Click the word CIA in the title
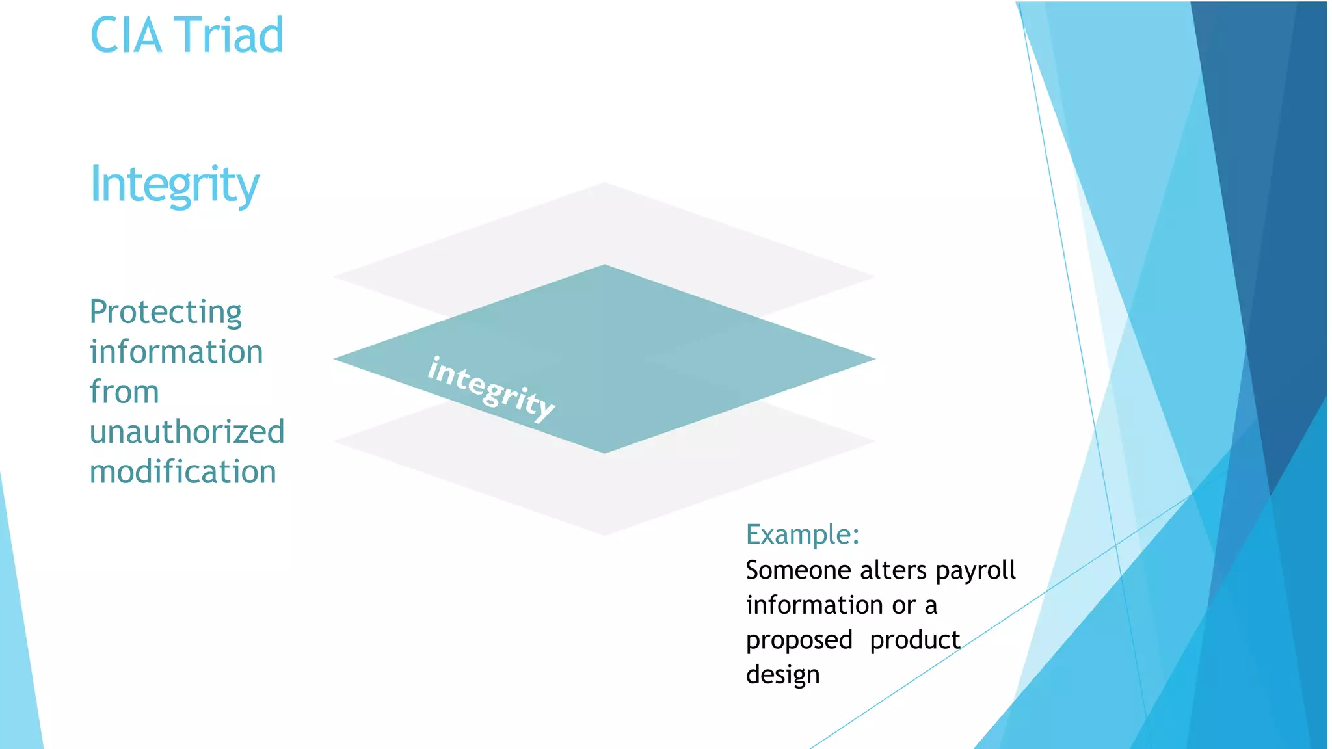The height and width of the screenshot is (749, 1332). pyautogui.click(x=126, y=35)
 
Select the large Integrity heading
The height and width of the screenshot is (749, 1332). pyautogui.click(x=174, y=185)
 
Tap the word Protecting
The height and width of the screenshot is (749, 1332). pyautogui.click(x=166, y=313)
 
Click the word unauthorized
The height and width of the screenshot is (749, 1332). pyautogui.click(x=187, y=432)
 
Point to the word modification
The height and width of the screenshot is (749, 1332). pyautogui.click(x=183, y=472)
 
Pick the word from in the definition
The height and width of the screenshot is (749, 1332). pyautogui.click(x=124, y=392)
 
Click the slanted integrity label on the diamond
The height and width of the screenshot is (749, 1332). pyautogui.click(x=491, y=388)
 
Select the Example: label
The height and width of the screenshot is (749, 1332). pyautogui.click(x=803, y=534)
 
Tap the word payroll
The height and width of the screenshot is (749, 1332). pyautogui.click(x=976, y=571)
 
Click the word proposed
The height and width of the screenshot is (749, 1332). pyautogui.click(x=799, y=641)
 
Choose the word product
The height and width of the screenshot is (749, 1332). pyautogui.click(x=915, y=640)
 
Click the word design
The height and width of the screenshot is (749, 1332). pyautogui.click(x=782, y=676)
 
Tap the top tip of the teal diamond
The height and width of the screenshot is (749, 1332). pyautogui.click(x=605, y=266)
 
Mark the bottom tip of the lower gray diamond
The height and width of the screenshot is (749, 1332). pyautogui.click(x=605, y=534)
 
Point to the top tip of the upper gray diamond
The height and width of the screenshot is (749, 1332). pyautogui.click(x=605, y=184)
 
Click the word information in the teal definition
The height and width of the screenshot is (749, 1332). pyautogui.click(x=176, y=352)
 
